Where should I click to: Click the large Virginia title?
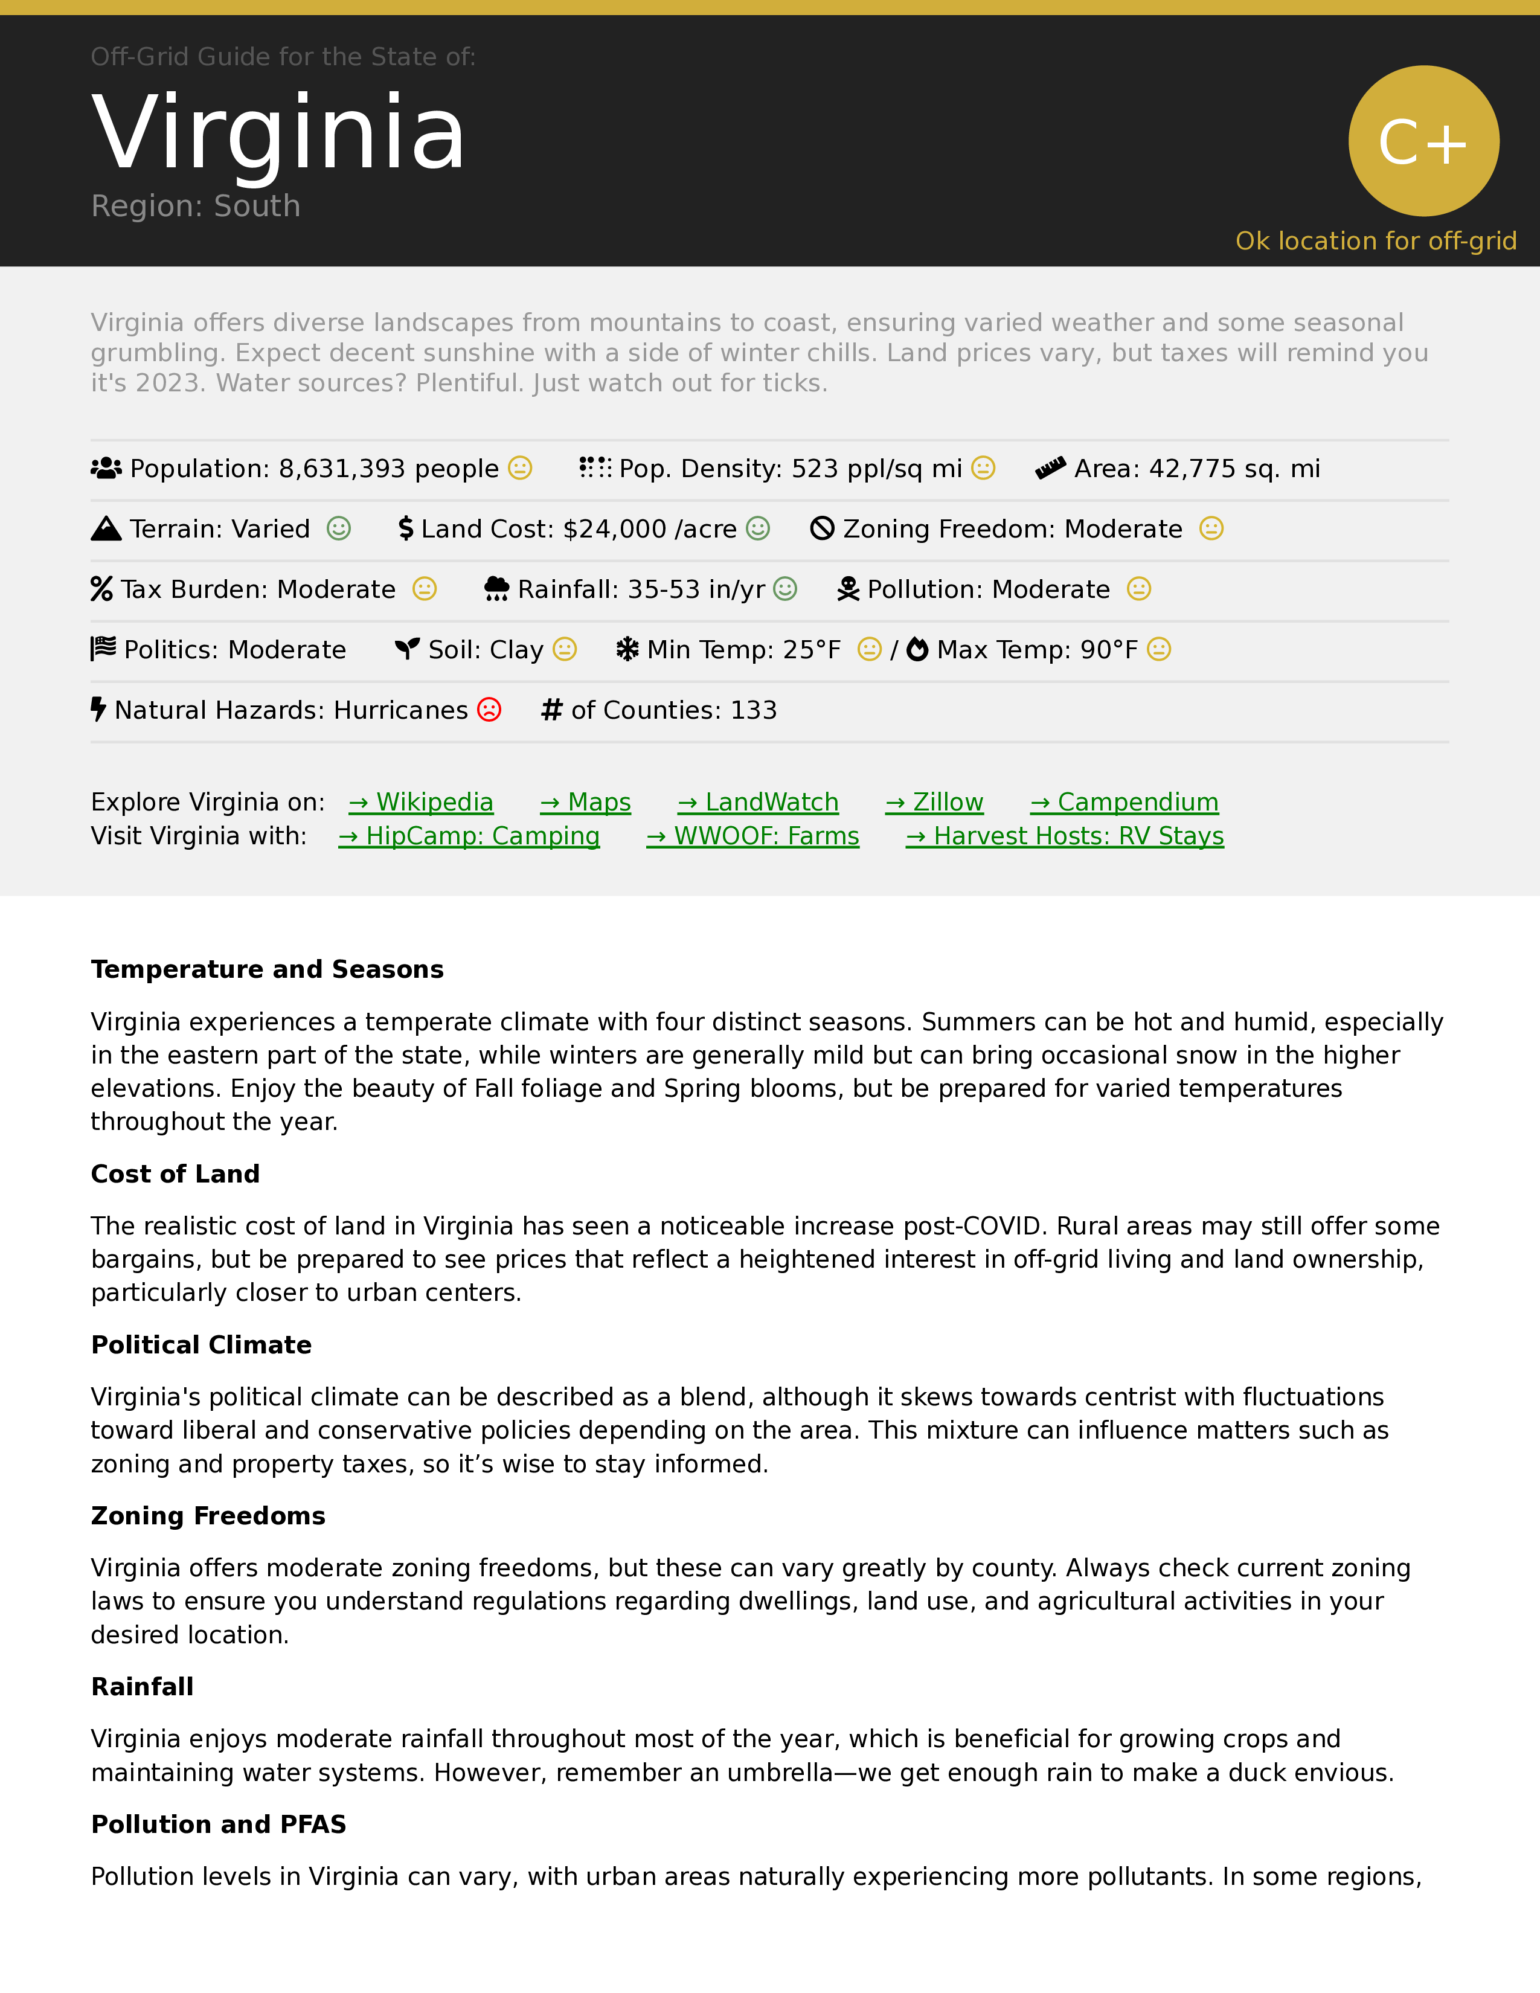pos(278,133)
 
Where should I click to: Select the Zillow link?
pos(934,802)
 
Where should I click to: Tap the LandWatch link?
pos(757,802)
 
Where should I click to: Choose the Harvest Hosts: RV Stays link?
pos(1065,836)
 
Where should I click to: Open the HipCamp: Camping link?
pos(469,836)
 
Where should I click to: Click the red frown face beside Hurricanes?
pos(490,710)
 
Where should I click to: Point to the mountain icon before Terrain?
pos(106,528)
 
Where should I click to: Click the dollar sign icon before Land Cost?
pos(406,528)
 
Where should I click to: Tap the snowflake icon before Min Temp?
pos(627,650)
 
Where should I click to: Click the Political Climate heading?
pos(201,1345)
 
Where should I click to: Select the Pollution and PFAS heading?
pos(218,1824)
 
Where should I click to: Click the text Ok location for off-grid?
pos(1375,241)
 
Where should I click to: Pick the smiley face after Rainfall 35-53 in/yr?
pos(784,589)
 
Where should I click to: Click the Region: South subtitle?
pos(195,206)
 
